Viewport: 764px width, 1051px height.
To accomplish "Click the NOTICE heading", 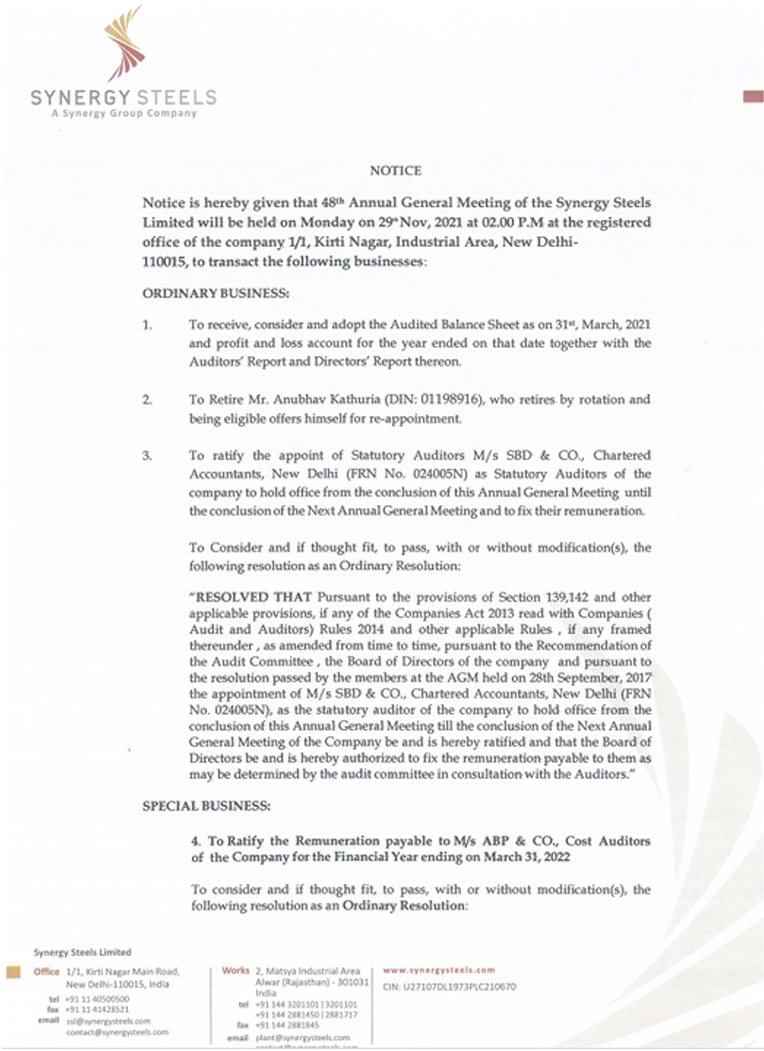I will pyautogui.click(x=395, y=171).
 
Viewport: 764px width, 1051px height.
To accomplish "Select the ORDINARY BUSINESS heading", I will pyautogui.click(x=216, y=293).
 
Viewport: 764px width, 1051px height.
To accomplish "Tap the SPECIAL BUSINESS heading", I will pyautogui.click(x=206, y=806).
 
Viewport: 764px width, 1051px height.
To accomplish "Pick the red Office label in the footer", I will pyautogui.click(x=46, y=972).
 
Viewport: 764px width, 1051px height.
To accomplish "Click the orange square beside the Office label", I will pyautogui.click(x=13, y=972).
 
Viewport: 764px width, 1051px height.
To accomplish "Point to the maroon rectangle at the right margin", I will pyautogui.click(x=753, y=96).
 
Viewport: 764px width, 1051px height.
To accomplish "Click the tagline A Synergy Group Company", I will pyautogui.click(x=124, y=113).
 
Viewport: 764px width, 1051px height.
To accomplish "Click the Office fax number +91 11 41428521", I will pyautogui.click(x=97, y=1009).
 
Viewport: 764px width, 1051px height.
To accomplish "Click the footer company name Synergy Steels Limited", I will pyautogui.click(x=82, y=952).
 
